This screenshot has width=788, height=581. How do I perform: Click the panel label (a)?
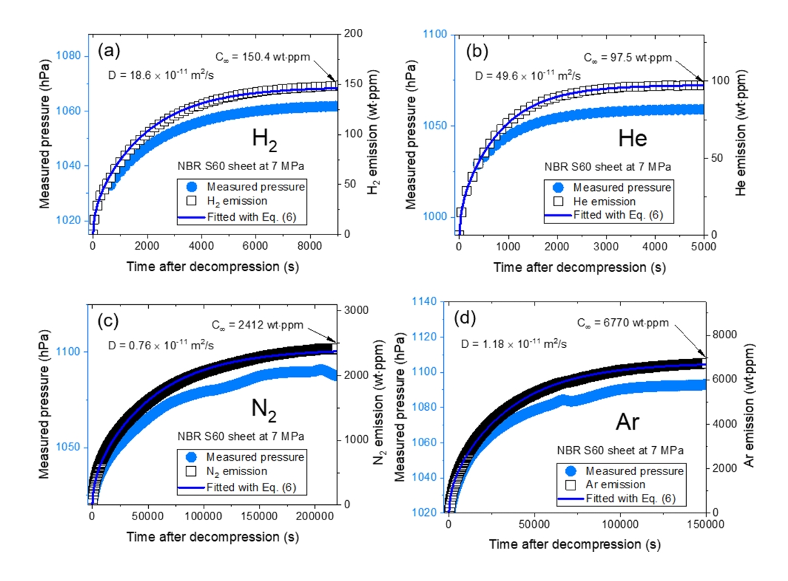pos(110,50)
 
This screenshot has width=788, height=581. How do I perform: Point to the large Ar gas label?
pos(632,421)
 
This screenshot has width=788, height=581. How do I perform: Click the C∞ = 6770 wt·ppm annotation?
pos(633,323)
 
